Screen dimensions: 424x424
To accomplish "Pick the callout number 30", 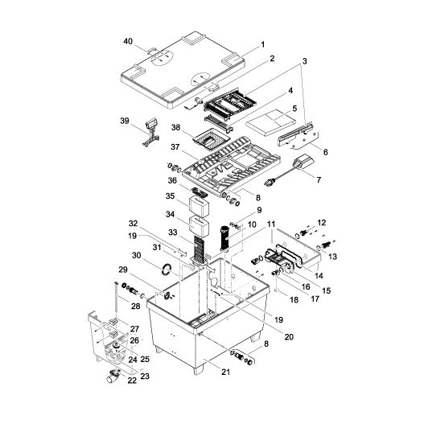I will [137, 254].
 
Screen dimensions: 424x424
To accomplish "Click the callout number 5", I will [294, 109].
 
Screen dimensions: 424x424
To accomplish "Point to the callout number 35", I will [170, 196].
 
